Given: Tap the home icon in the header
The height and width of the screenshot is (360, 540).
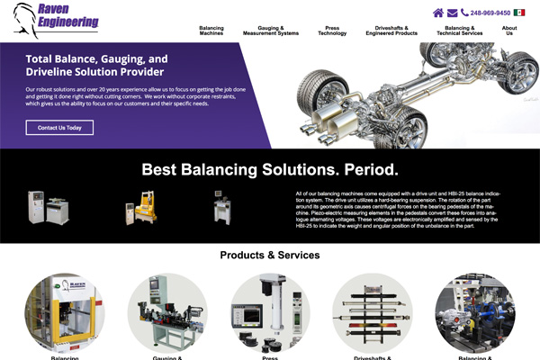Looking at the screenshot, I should pyautogui.click(x=438, y=13).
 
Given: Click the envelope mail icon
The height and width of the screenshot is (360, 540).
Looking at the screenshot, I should pyautogui.click(x=452, y=13).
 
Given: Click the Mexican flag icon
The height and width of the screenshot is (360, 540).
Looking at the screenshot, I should pyautogui.click(x=519, y=13).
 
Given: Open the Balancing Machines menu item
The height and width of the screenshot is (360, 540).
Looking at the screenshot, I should pyautogui.click(x=211, y=31).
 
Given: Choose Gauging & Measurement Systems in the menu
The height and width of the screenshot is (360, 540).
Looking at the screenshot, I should pyautogui.click(x=271, y=31).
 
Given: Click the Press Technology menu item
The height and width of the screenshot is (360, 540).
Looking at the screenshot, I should pyautogui.click(x=332, y=31).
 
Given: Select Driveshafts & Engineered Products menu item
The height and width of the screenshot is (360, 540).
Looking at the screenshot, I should pyautogui.click(x=391, y=31).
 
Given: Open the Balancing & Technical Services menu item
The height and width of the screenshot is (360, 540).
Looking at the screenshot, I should pyautogui.click(x=459, y=31).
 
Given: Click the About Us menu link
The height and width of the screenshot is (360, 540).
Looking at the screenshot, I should pyautogui.click(x=509, y=31).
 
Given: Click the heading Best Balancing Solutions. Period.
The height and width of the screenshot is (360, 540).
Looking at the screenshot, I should pyautogui.click(x=270, y=169).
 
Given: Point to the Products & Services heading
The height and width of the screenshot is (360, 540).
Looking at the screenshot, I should pyautogui.click(x=270, y=255).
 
